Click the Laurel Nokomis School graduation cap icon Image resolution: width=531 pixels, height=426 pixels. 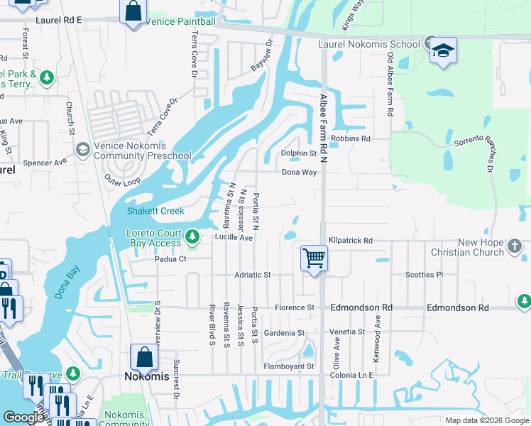(x=443, y=50)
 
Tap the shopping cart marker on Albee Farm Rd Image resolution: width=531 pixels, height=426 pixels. (x=314, y=258)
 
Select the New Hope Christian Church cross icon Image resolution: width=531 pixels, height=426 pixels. (x=515, y=247)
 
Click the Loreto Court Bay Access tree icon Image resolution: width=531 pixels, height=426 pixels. (x=192, y=236)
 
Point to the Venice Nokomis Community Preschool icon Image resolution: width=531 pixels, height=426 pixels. (x=82, y=149)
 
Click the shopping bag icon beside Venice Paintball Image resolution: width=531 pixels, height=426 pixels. (x=133, y=12)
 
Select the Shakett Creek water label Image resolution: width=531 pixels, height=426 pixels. (x=155, y=211)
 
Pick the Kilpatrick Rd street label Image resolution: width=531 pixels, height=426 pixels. (x=350, y=241)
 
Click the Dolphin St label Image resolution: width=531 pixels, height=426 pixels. (x=298, y=153)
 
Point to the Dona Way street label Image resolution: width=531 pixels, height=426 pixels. (x=299, y=172)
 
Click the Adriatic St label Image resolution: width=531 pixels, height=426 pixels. (x=253, y=275)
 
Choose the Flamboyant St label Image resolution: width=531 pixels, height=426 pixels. (x=288, y=366)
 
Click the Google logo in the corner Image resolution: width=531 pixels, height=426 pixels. (x=23, y=417)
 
